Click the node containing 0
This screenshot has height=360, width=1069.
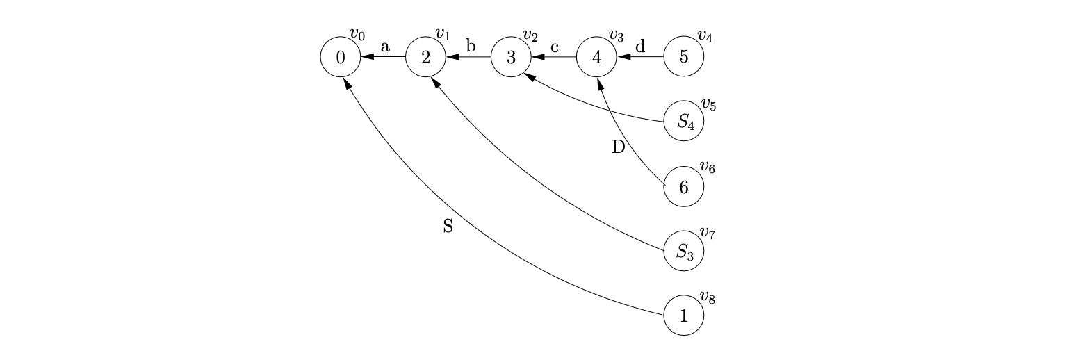click(x=340, y=57)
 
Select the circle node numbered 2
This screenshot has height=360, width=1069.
click(x=426, y=57)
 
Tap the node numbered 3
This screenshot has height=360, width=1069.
click(x=512, y=57)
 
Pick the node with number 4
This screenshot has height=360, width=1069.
click(x=597, y=57)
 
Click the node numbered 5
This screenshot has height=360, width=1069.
click(x=683, y=57)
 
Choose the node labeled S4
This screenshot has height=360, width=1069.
click(x=684, y=122)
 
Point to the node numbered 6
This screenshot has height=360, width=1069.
click(x=683, y=186)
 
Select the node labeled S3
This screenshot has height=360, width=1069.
click(x=684, y=251)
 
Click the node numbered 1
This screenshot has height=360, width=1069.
click(x=683, y=316)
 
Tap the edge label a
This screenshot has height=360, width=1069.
click(x=384, y=47)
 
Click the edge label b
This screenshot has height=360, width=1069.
click(x=471, y=47)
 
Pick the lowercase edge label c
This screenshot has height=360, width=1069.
click(x=555, y=47)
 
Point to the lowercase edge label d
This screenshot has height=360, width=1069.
click(x=640, y=47)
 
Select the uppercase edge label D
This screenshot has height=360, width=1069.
click(x=619, y=147)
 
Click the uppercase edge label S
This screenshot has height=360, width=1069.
click(x=448, y=226)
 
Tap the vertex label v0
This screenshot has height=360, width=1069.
click(x=357, y=34)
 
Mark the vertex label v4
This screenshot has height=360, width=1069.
click(x=704, y=35)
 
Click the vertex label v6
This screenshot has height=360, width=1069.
click(x=708, y=167)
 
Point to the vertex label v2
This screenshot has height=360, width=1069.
click(x=530, y=35)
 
